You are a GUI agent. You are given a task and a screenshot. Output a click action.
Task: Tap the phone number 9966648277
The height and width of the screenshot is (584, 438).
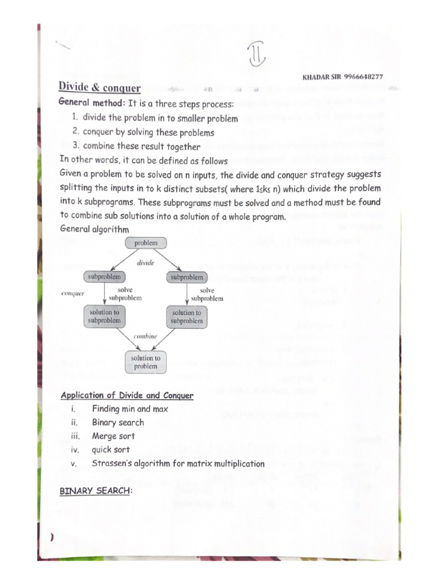pos(363,77)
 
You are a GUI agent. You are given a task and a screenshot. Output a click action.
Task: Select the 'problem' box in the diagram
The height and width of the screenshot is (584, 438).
pos(145,243)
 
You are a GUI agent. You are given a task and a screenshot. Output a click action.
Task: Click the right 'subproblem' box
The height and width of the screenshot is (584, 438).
pos(186,277)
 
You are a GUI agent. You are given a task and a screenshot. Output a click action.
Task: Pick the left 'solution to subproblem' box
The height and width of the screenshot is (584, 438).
pos(104,317)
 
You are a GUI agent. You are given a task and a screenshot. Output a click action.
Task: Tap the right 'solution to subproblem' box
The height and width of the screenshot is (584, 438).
pos(186,317)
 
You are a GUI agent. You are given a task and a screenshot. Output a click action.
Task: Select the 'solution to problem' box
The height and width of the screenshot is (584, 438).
pos(145,362)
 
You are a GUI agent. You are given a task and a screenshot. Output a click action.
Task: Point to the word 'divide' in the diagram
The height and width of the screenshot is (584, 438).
pos(146,263)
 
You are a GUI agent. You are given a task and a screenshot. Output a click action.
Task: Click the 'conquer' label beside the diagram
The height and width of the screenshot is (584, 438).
pos(72,294)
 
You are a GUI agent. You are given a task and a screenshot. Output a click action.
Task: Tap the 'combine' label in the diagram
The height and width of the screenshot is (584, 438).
pos(145,336)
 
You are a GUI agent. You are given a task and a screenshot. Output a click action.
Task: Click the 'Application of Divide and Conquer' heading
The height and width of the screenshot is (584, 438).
pos(127,395)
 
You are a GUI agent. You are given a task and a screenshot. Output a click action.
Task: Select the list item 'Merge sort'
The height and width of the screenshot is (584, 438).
pos(113,436)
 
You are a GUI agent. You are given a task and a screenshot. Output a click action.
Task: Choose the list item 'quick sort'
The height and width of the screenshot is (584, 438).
pos(111,450)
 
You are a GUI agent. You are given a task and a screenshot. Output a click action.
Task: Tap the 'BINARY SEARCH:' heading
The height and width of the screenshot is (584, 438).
pos(95,491)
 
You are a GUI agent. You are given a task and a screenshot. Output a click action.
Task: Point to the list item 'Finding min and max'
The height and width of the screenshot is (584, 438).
pos(129,409)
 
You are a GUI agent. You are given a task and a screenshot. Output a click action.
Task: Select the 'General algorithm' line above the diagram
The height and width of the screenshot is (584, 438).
pos(94,229)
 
